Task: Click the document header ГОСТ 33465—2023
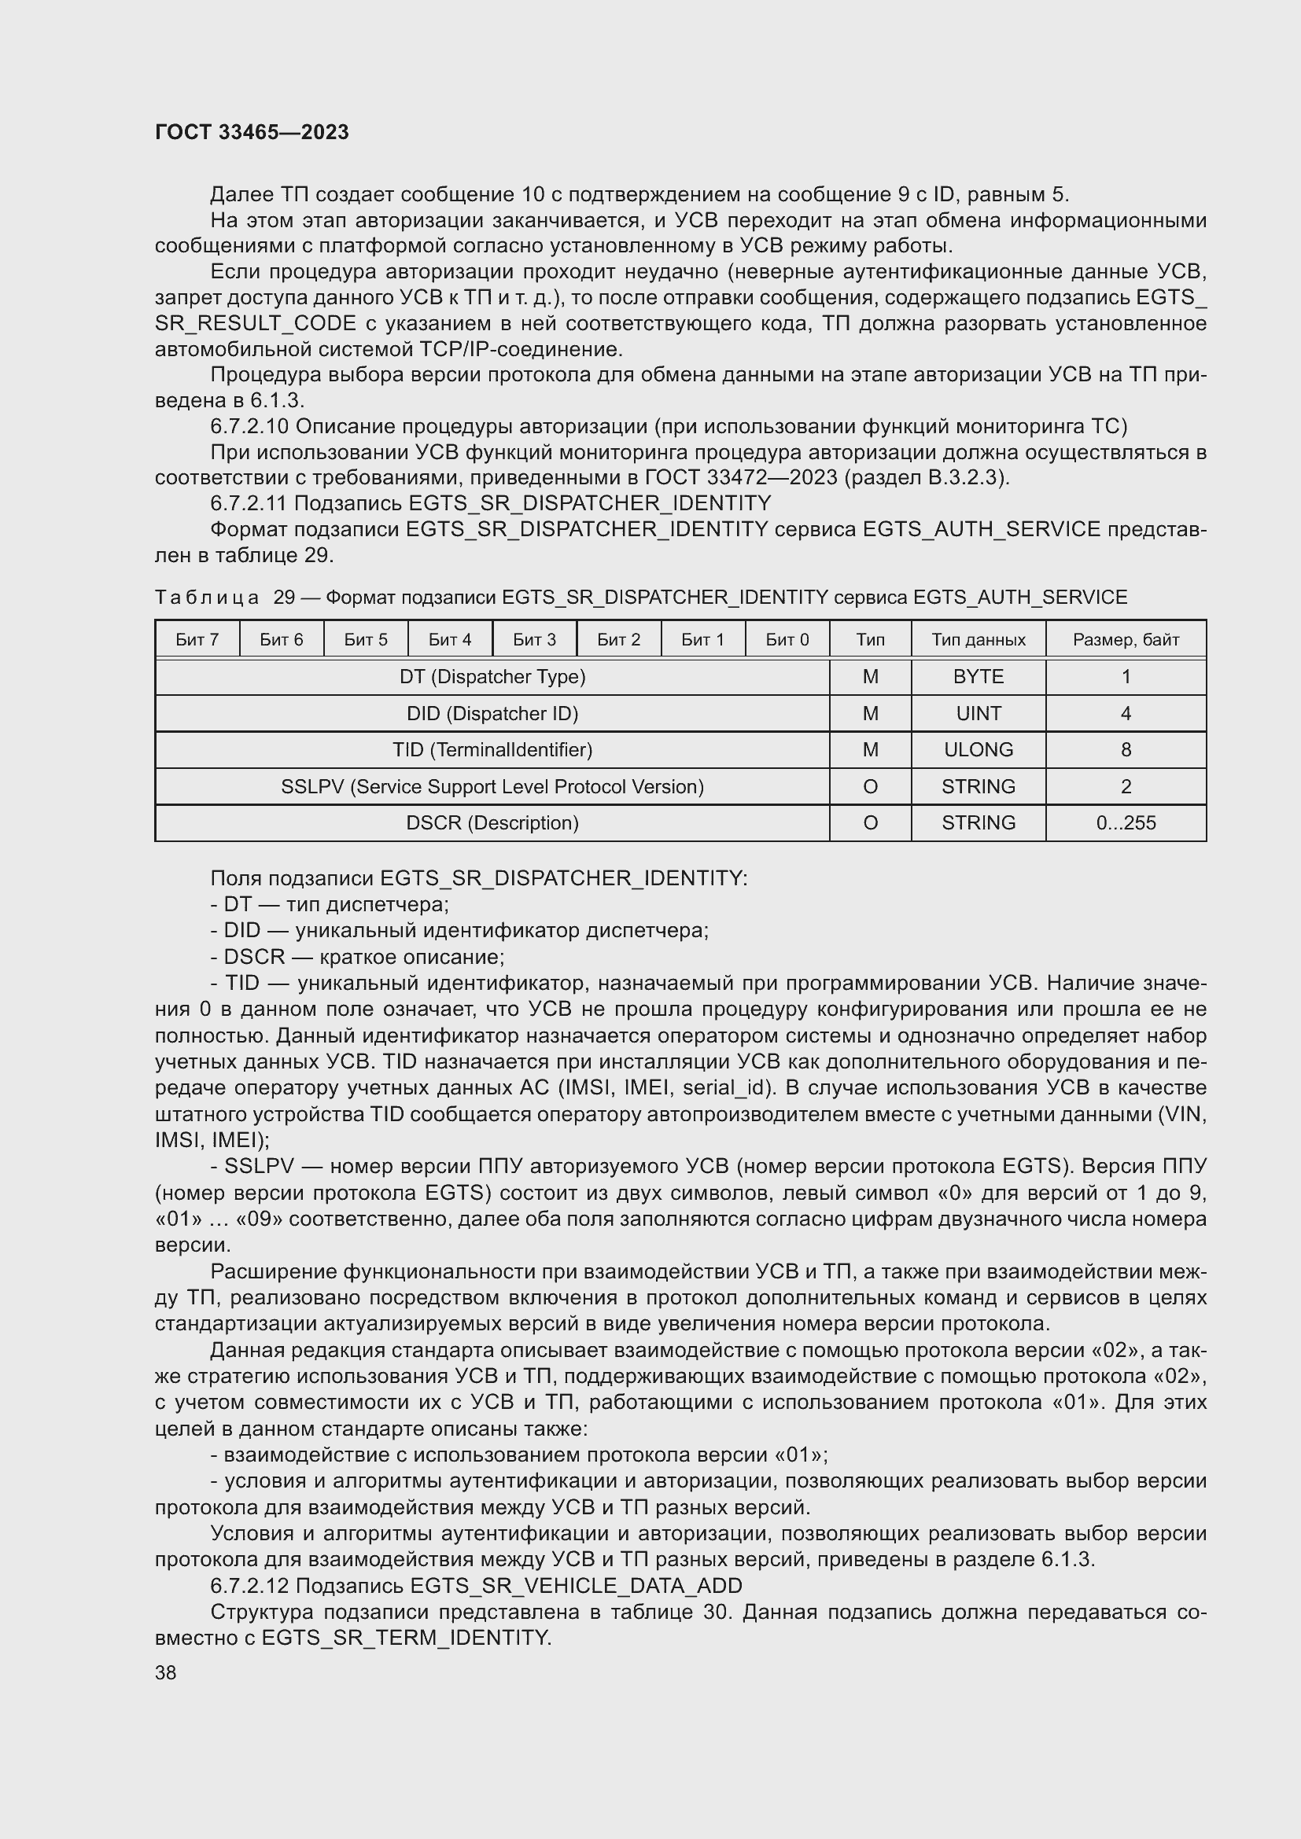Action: (x=252, y=132)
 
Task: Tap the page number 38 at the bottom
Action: (x=166, y=1672)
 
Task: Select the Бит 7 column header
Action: (x=197, y=639)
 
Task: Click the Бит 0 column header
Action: (x=787, y=639)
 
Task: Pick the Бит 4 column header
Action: (x=449, y=639)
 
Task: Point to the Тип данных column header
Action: (x=979, y=639)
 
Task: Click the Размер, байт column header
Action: (x=1126, y=639)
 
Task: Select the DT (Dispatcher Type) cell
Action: (x=492, y=677)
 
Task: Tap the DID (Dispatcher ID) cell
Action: (x=492, y=714)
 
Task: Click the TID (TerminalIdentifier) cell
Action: (x=492, y=750)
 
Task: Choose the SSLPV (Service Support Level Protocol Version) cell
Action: (x=492, y=786)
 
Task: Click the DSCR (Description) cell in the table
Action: (x=492, y=822)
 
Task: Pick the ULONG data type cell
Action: (x=979, y=750)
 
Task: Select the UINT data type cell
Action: (x=979, y=714)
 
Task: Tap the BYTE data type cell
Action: (x=979, y=677)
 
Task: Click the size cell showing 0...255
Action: (x=1126, y=822)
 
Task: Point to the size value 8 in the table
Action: (x=1126, y=750)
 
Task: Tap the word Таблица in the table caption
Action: (x=207, y=598)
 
